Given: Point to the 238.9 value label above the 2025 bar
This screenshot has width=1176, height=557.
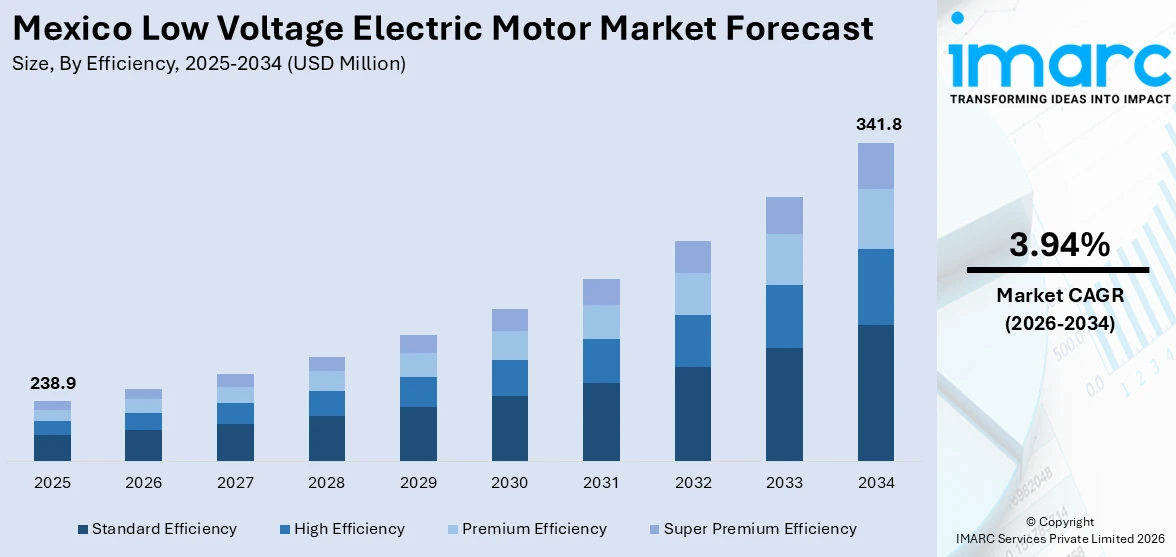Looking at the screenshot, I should (x=52, y=383).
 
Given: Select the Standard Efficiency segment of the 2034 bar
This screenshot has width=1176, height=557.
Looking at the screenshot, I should (x=875, y=392).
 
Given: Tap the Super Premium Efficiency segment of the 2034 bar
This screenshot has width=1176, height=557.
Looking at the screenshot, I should (x=875, y=166).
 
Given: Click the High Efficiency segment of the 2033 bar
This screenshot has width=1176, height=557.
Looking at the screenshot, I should (x=784, y=316).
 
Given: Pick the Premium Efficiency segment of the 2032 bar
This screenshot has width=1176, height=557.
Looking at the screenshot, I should (x=692, y=294).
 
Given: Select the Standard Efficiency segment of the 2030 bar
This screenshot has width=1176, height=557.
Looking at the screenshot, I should (x=509, y=428).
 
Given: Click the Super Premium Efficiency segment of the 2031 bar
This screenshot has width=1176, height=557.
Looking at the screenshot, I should (x=601, y=292).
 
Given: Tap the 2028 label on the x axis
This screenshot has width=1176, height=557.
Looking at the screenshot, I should (x=326, y=483).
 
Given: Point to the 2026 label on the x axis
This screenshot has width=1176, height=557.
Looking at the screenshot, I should (x=143, y=483).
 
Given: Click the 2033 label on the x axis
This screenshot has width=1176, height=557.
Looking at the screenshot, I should (x=784, y=483).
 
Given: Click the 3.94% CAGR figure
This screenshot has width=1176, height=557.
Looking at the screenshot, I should (x=1058, y=245).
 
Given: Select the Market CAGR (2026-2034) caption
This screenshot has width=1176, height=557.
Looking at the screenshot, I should (x=1058, y=309).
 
